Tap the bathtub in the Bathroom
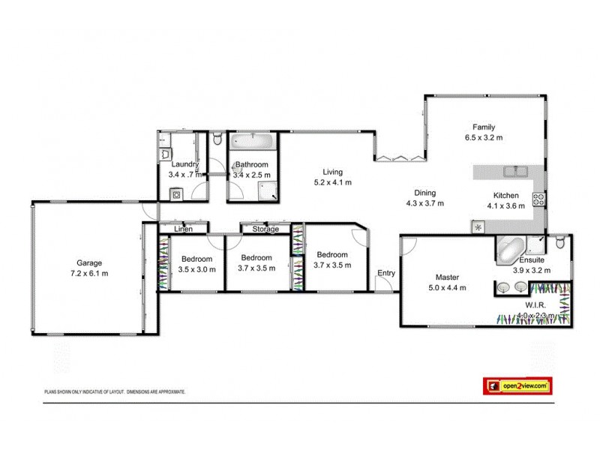coord(253,141)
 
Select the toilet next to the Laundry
coord(217,139)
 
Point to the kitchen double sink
coord(515,172)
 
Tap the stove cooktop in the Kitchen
coord(538,199)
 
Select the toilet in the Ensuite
coord(560,242)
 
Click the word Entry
coord(386,273)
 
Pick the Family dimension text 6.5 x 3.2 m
coord(483,138)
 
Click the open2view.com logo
coord(517,385)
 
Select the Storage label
coord(265,229)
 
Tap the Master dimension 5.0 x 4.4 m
coord(447,287)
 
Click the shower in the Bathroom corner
coord(268,191)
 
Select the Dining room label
coord(426,192)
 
